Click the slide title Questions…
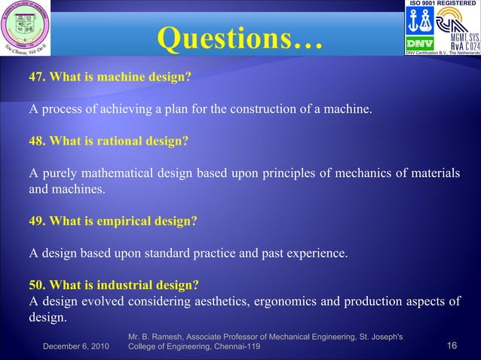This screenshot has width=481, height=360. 240,38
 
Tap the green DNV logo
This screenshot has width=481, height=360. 418,42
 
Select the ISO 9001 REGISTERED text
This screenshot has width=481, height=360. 441,4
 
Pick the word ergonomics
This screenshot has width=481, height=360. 311,302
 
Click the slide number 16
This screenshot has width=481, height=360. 452,346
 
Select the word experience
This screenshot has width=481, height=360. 319,254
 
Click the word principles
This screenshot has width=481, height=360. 290,174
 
